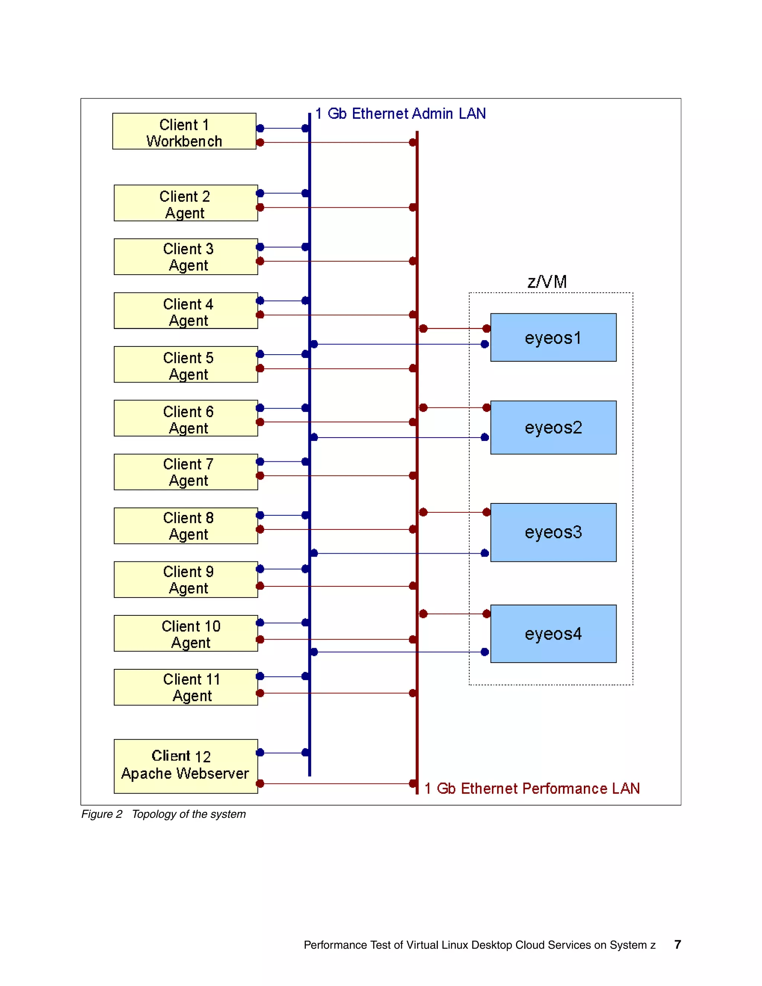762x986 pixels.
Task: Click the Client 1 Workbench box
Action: [x=184, y=131]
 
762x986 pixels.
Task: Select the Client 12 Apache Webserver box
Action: [x=186, y=766]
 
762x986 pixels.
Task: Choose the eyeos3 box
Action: [x=553, y=532]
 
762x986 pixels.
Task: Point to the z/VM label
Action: [x=547, y=282]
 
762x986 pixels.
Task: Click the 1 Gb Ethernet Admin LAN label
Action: [x=400, y=114]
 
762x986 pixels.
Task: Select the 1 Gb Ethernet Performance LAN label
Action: [x=532, y=788]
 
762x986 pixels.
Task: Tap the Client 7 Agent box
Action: [x=186, y=472]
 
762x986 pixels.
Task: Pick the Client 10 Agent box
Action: [x=186, y=633]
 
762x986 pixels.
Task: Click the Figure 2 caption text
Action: [x=163, y=814]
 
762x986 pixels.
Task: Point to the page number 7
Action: [x=677, y=944]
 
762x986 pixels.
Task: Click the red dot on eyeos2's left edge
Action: [x=487, y=408]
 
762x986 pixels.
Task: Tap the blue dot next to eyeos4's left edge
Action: [x=485, y=652]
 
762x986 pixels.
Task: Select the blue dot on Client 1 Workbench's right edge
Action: [x=260, y=128]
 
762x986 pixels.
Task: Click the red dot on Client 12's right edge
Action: [x=260, y=784]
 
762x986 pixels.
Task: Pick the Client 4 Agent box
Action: [x=186, y=311]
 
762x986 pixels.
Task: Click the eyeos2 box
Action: [x=553, y=427]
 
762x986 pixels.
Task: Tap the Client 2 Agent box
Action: [x=186, y=203]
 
